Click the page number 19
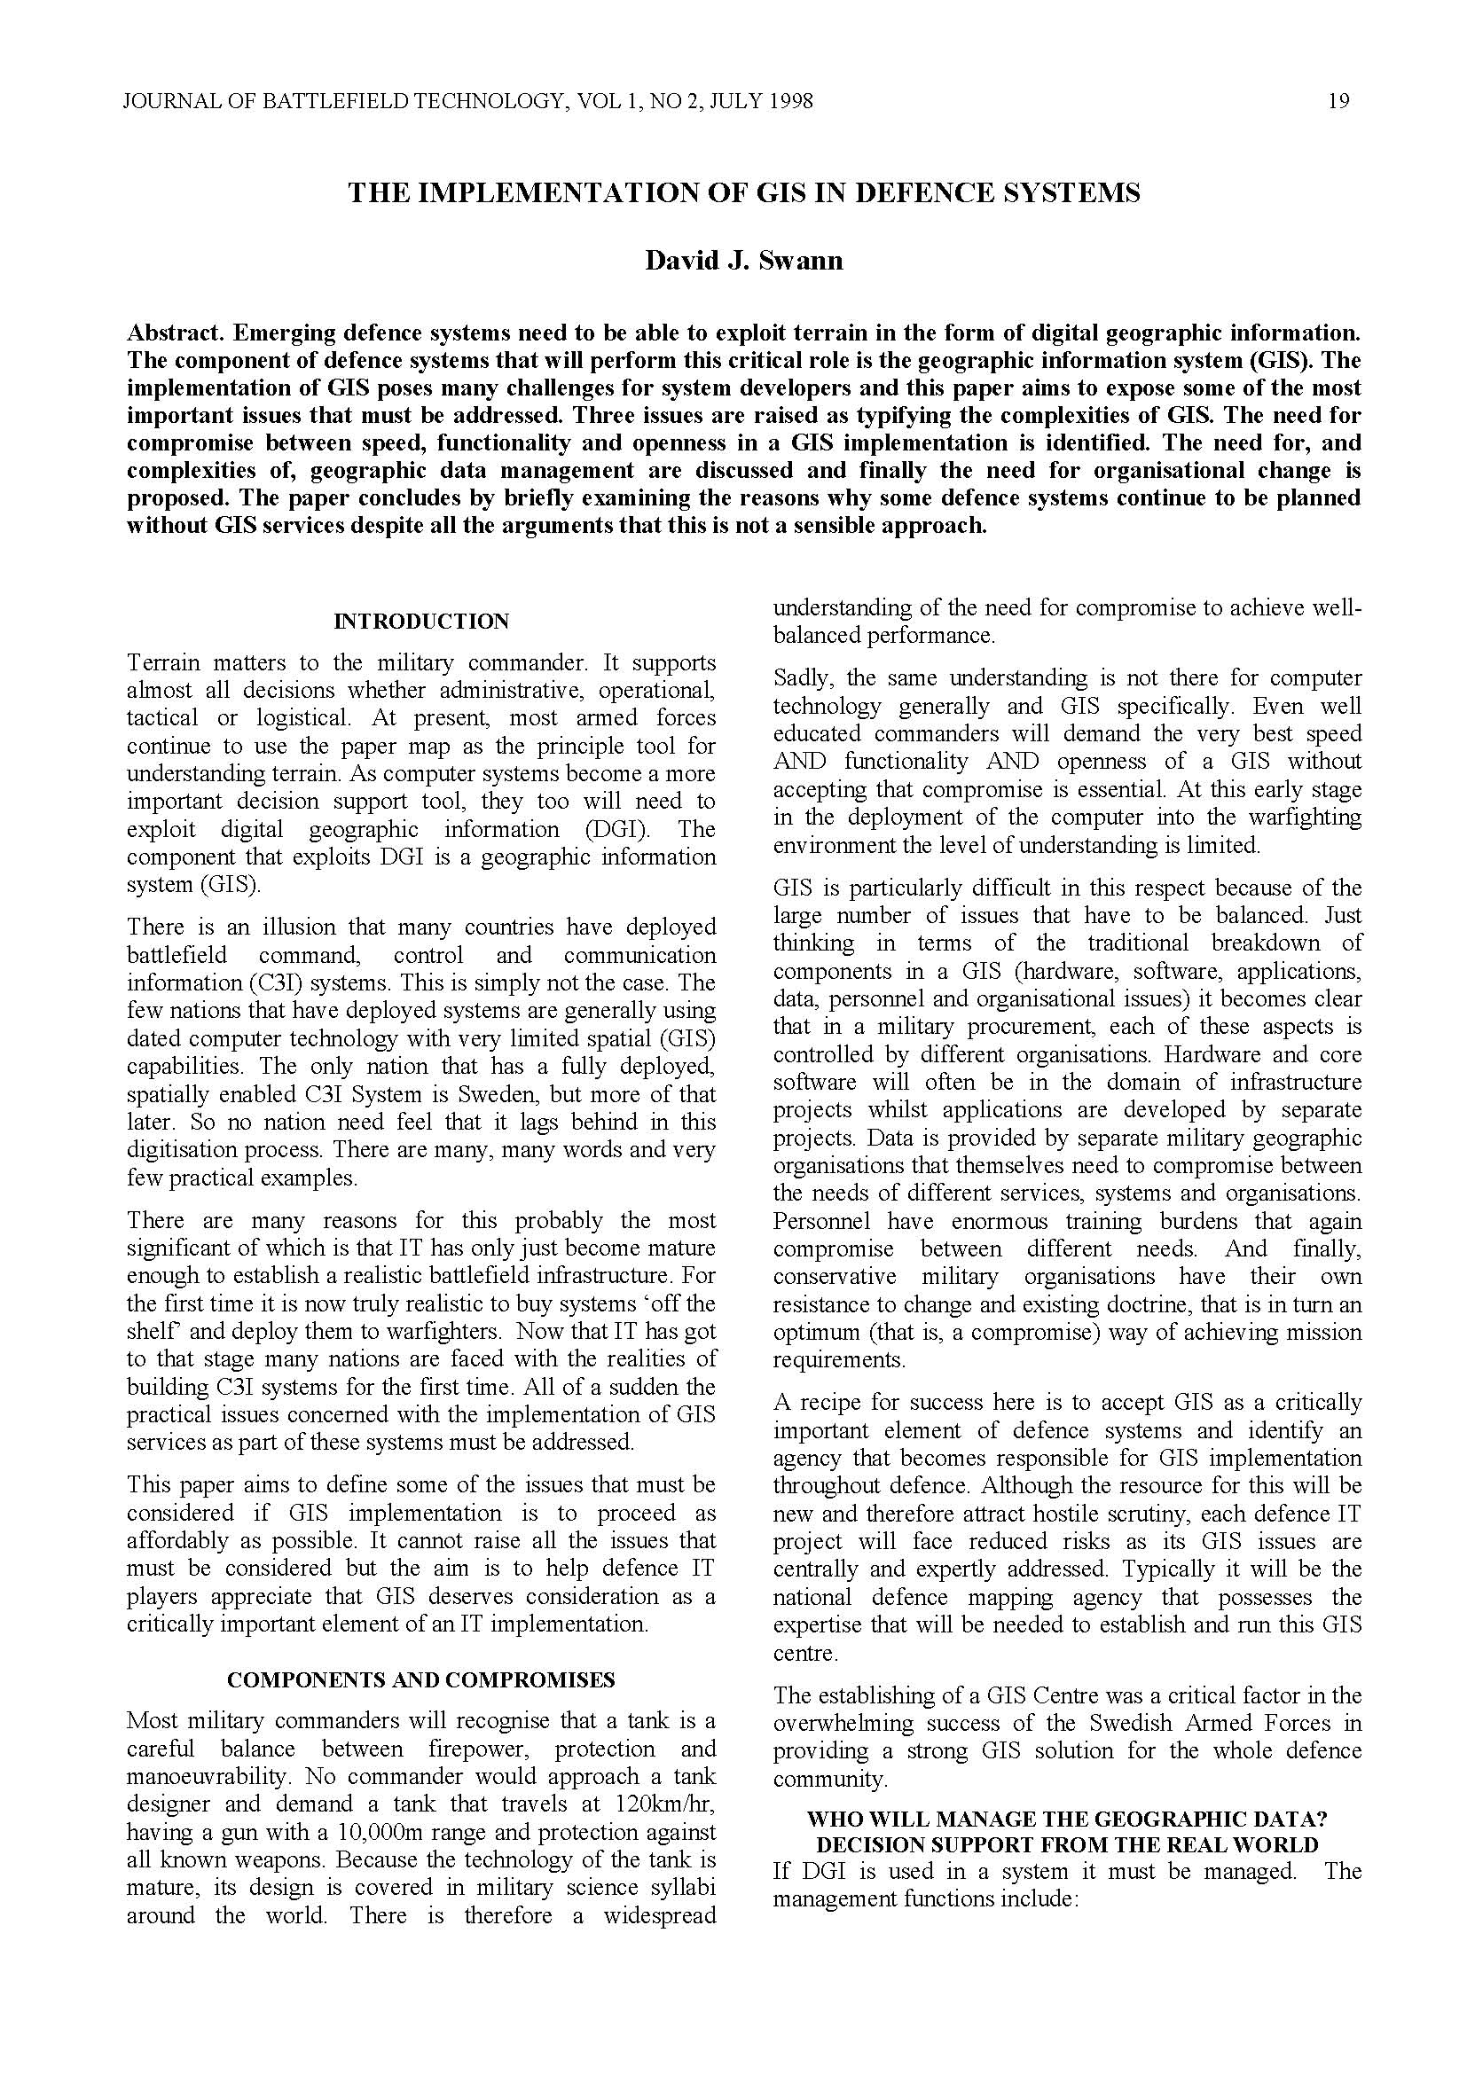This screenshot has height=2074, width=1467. pos(1338,101)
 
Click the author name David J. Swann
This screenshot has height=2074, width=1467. pos(743,261)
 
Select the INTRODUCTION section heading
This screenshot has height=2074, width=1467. pos(421,622)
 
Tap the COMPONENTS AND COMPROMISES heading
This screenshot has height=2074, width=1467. pos(421,1680)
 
